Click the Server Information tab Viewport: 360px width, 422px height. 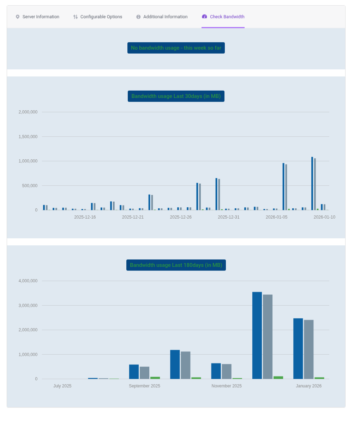(37, 17)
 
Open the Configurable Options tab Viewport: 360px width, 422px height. (97, 17)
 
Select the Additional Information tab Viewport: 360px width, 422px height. (162, 17)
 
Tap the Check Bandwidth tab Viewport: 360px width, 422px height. (223, 17)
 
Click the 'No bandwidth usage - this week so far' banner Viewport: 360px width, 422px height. (176, 48)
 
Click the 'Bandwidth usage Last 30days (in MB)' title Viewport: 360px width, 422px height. (176, 96)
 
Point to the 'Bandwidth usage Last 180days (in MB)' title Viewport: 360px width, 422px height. (176, 265)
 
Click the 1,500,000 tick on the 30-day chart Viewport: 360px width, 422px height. (28, 137)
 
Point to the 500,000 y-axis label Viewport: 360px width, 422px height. (30, 186)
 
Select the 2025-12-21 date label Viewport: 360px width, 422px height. (133, 217)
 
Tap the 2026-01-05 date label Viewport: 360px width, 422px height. (276, 217)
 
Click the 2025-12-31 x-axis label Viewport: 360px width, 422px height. (228, 217)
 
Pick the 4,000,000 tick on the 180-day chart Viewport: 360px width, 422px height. (28, 281)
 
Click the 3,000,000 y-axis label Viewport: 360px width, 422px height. (28, 305)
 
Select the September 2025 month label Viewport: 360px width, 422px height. (144, 386)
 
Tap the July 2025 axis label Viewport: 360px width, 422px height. (62, 386)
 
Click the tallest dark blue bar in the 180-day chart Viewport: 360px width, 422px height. (257, 335)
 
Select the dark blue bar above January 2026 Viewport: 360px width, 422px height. (298, 349)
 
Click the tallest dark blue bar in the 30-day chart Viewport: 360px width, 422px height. (312, 184)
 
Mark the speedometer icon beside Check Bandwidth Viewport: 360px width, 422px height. (204, 17)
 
